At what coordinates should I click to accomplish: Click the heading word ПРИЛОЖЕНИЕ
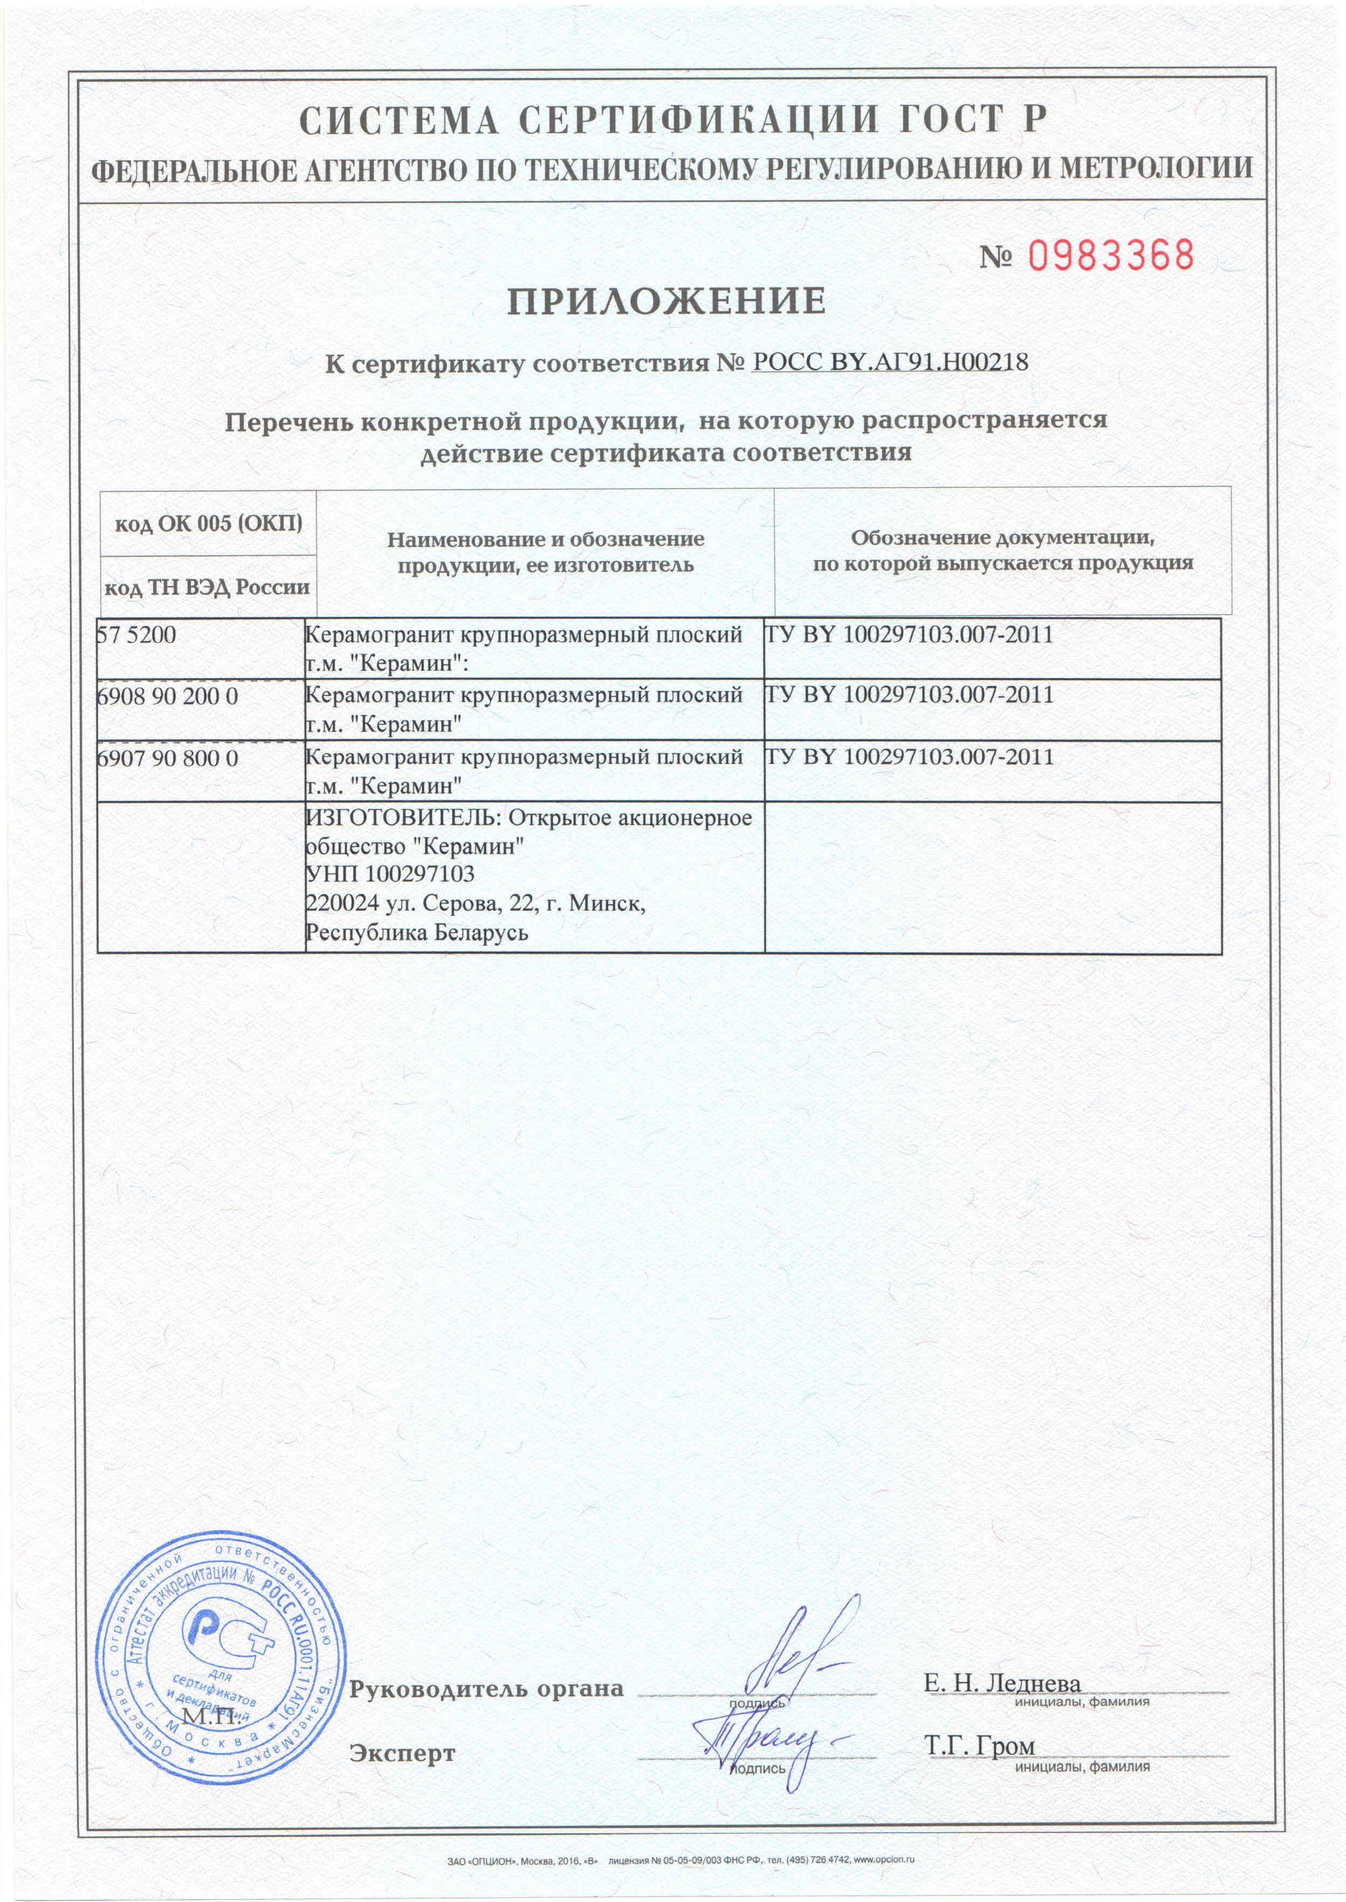coord(667,302)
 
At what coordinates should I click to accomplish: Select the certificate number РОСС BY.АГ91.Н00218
coord(889,362)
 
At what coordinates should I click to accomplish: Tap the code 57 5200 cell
coord(138,636)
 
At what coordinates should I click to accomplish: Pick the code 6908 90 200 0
coord(167,696)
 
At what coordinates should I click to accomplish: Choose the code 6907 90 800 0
coord(167,758)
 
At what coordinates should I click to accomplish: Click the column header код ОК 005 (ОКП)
coord(208,524)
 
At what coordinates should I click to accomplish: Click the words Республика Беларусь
coord(417,933)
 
